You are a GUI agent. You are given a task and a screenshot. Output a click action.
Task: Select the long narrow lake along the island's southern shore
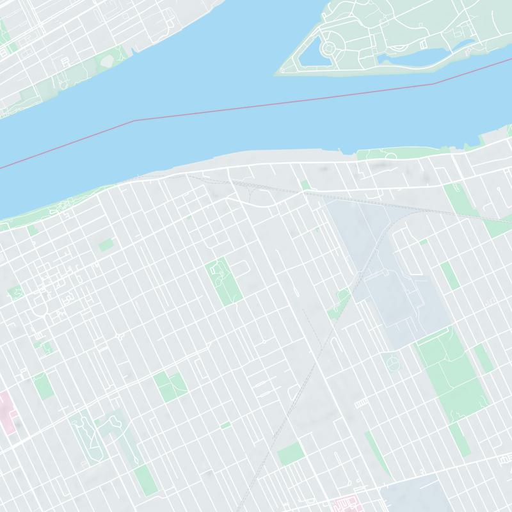(422, 56)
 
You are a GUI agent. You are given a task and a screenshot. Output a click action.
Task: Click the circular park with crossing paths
(392, 363)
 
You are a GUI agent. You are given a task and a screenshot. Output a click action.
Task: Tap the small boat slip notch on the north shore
(132, 50)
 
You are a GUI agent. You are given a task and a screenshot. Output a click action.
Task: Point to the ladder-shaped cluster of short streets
(362, 402)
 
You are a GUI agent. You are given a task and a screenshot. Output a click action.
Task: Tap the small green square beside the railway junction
(306, 185)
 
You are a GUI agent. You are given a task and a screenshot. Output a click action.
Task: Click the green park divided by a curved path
(170, 386)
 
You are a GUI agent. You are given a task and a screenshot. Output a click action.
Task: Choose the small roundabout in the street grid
(120, 335)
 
